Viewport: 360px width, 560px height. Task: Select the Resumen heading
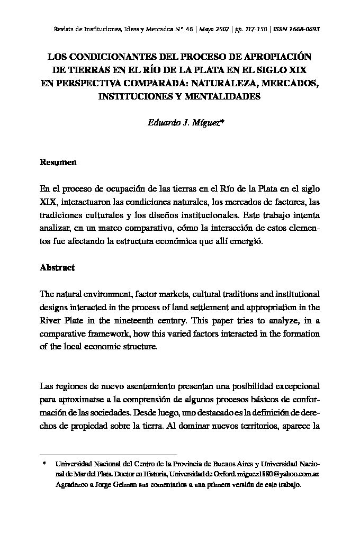58,162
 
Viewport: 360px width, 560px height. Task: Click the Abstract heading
57,267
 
